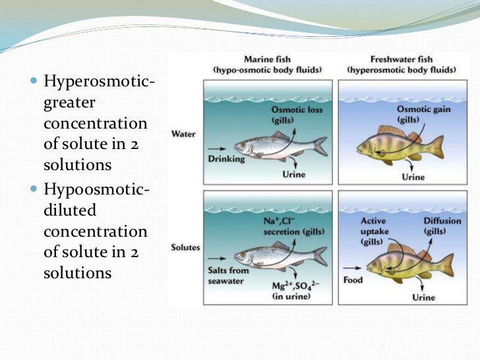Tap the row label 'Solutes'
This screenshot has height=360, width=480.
185,247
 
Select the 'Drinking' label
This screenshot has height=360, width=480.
226,159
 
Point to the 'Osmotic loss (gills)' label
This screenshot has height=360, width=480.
297,115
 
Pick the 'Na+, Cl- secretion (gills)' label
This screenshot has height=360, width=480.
293,226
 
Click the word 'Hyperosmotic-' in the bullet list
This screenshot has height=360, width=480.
99,82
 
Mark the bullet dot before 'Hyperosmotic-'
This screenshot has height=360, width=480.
34,82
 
